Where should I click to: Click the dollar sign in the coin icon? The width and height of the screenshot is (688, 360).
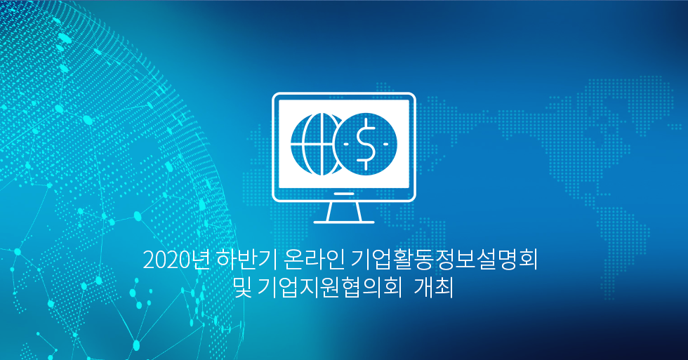[366, 144]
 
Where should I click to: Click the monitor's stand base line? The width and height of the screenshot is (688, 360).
[343, 222]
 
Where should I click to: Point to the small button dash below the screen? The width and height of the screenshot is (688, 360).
[343, 194]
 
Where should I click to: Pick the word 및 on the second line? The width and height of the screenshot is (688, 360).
[243, 288]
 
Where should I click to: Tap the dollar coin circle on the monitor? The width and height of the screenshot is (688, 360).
[366, 144]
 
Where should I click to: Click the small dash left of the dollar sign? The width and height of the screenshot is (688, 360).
[347, 144]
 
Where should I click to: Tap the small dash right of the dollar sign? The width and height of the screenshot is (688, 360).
[385, 144]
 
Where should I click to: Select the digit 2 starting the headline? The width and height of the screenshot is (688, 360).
[149, 261]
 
